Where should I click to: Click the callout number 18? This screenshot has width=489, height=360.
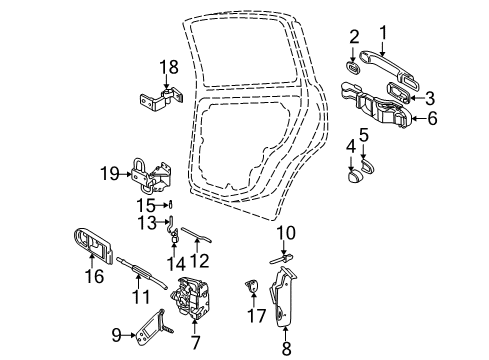pyautogui.click(x=169, y=67)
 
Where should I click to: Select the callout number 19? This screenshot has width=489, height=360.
pyautogui.click(x=110, y=174)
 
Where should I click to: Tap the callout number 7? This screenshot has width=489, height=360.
pyautogui.click(x=195, y=342)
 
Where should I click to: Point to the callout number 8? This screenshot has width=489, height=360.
pyautogui.click(x=286, y=348)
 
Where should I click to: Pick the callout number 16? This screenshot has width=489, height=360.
pyautogui.click(x=94, y=276)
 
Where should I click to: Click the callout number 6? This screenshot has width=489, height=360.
pyautogui.click(x=432, y=118)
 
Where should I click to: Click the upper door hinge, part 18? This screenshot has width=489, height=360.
pyautogui.click(x=162, y=100)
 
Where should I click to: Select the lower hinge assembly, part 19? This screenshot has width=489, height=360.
pyautogui.click(x=152, y=176)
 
